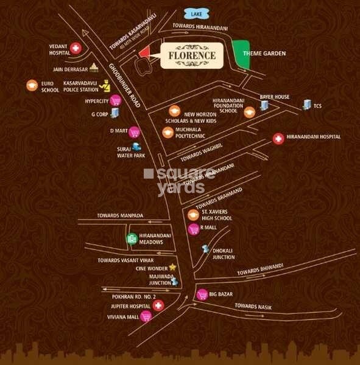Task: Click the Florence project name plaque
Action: (x=193, y=55)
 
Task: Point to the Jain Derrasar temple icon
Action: (x=93, y=68)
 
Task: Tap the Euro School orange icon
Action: (x=31, y=86)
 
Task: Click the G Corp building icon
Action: (x=115, y=113)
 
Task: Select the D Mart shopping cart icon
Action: (x=135, y=131)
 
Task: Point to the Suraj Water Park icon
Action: (x=136, y=146)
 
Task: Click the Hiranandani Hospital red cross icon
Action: (x=278, y=138)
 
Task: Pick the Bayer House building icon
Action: (x=264, y=105)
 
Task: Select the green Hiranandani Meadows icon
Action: (x=131, y=238)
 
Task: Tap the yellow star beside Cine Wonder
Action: (x=172, y=266)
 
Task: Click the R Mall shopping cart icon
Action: (x=194, y=229)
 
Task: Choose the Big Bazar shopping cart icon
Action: (x=201, y=295)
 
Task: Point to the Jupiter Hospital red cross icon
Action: (x=158, y=305)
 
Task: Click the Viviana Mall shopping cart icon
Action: (x=146, y=316)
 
